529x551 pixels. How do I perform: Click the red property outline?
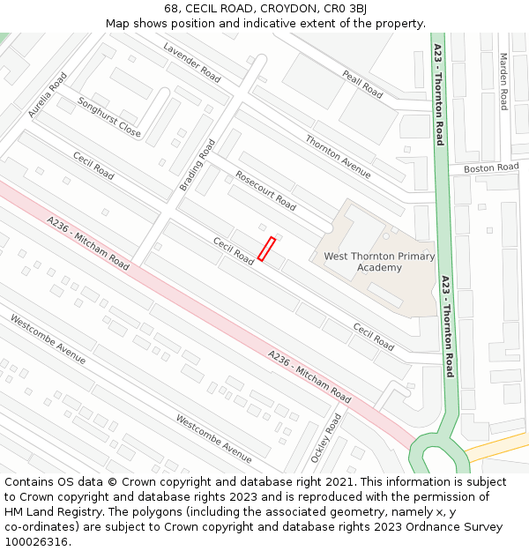tap(266, 249)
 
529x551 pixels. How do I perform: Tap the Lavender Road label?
tap(191, 61)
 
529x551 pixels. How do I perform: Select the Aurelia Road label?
tap(48, 95)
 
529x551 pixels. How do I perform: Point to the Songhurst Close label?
tap(109, 117)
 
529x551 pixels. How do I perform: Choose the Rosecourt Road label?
tap(265, 190)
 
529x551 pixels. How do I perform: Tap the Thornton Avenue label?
tap(339, 156)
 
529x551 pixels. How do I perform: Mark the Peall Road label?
tap(362, 84)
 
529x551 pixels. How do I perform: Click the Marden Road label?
tap(503, 82)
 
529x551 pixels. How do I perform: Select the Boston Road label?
tap(491, 168)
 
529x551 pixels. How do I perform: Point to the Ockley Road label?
tap(325, 438)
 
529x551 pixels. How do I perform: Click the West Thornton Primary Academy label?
tap(380, 262)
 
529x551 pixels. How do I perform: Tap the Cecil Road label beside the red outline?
tap(233, 251)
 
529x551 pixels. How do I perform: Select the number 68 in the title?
tap(171, 9)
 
